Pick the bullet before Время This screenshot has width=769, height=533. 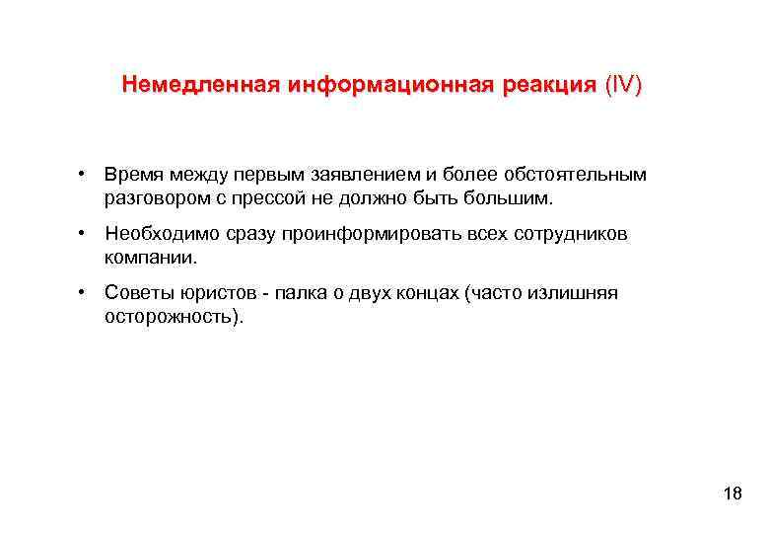[88, 175]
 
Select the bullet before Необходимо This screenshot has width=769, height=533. [88, 234]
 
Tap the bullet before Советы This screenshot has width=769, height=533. [88, 293]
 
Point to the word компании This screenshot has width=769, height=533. [151, 258]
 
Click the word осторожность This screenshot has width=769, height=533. [171, 318]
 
